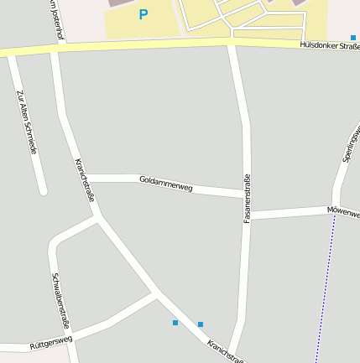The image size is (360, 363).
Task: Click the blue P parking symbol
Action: click(x=143, y=14)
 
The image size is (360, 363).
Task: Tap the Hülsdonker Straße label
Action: click(x=329, y=46)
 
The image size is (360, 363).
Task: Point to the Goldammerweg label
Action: click(x=166, y=183)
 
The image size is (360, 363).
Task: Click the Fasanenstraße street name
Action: click(x=247, y=198)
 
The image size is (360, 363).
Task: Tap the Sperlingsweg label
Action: click(x=351, y=143)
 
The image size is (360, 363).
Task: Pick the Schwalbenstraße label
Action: click(x=60, y=300)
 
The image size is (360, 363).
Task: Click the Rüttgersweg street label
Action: click(x=50, y=342)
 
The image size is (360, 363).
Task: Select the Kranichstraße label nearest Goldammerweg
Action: click(x=85, y=179)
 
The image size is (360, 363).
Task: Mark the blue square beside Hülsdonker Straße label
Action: click(x=353, y=37)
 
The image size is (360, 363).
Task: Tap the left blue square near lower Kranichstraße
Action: click(x=175, y=323)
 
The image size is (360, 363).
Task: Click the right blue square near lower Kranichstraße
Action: click(x=201, y=324)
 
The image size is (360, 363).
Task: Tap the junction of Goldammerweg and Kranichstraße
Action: click(x=88, y=178)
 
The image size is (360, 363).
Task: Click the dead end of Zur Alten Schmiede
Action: click(x=42, y=191)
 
